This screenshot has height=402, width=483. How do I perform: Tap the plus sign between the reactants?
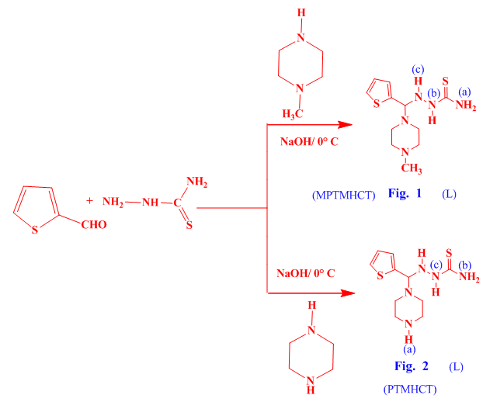click(x=90, y=200)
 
